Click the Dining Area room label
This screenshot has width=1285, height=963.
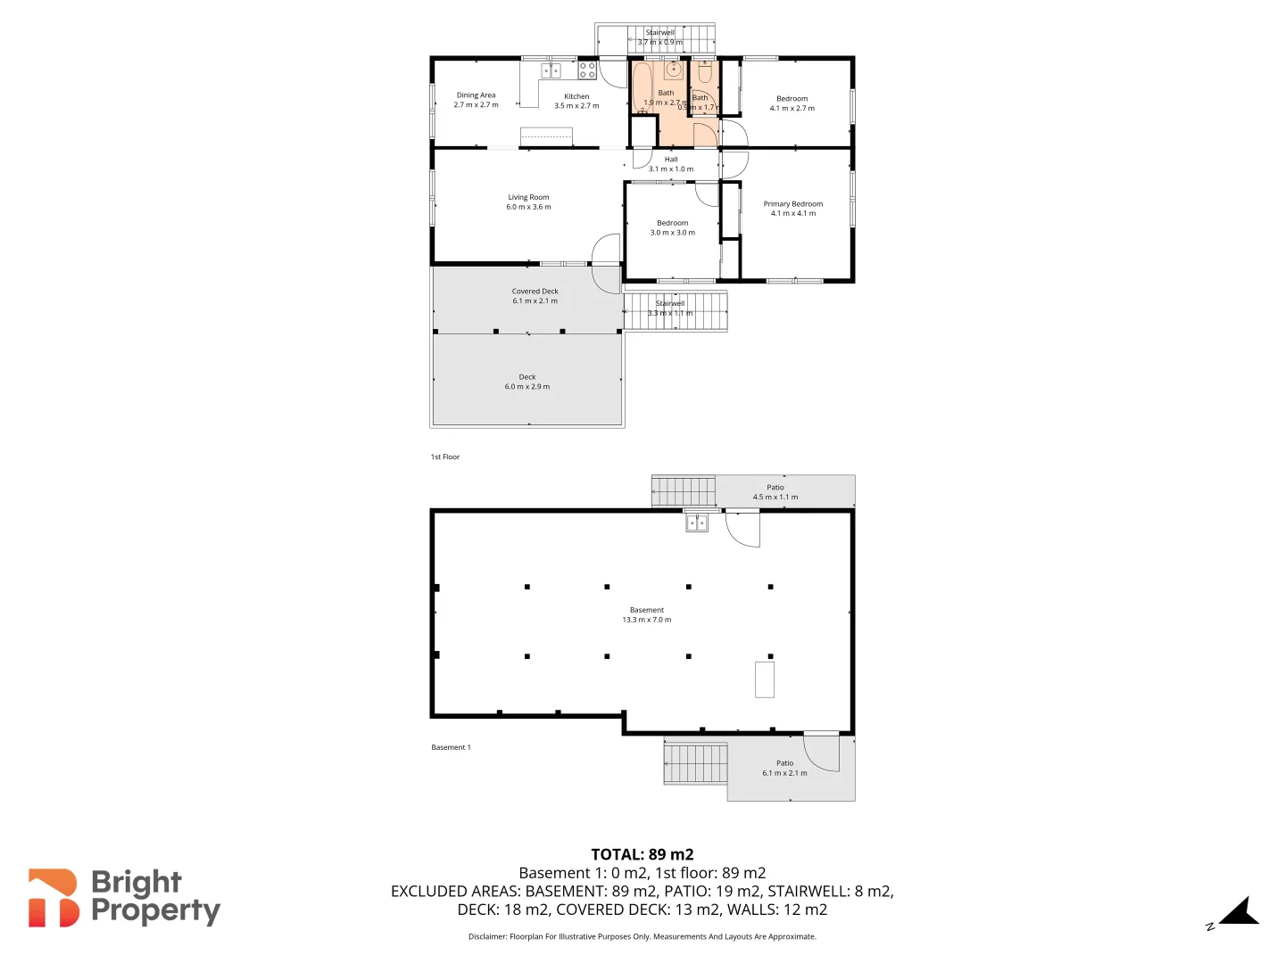[476, 95]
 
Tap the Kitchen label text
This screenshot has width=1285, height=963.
[576, 96]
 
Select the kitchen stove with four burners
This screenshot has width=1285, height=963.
[587, 70]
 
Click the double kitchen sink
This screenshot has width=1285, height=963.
[551, 70]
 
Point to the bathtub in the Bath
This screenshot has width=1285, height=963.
[642, 87]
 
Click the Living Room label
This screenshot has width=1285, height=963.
[528, 197]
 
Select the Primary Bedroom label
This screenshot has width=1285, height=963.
[793, 204]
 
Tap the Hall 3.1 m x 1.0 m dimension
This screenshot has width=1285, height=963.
[671, 169]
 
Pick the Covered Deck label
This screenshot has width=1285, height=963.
[535, 292]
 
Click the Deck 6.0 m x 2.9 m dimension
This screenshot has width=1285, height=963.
[527, 387]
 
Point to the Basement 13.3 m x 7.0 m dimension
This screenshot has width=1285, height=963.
[647, 620]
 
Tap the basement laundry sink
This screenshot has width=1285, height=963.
[696, 523]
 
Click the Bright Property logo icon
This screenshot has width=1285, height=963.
[54, 898]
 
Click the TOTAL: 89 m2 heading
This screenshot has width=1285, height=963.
[642, 854]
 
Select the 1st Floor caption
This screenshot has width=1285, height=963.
[445, 457]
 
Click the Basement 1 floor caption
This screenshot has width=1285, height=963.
[451, 747]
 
